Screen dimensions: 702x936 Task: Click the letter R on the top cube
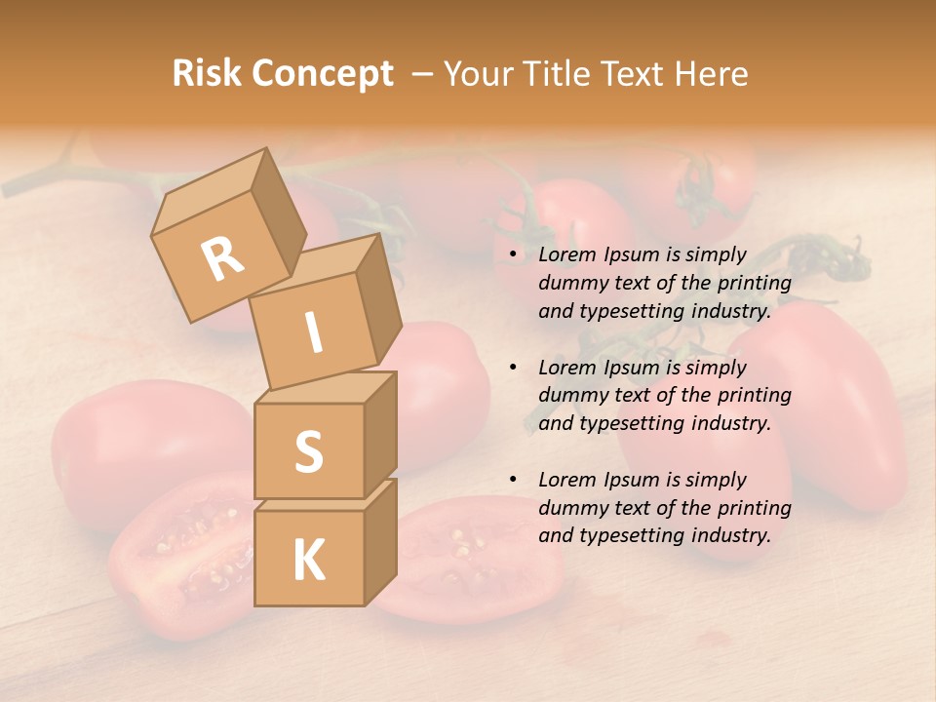(x=223, y=258)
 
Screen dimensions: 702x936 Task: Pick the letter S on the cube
(x=308, y=451)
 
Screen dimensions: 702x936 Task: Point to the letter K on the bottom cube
(x=308, y=561)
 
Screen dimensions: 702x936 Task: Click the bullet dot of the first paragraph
(x=512, y=255)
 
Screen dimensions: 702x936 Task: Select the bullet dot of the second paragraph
(x=512, y=368)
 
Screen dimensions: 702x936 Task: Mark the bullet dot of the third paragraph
(x=512, y=480)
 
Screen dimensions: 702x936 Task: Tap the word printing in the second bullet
(x=754, y=396)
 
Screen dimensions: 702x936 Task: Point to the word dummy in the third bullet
(x=570, y=508)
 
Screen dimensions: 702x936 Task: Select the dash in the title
(x=422, y=74)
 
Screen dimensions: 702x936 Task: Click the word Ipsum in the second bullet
(x=633, y=368)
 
